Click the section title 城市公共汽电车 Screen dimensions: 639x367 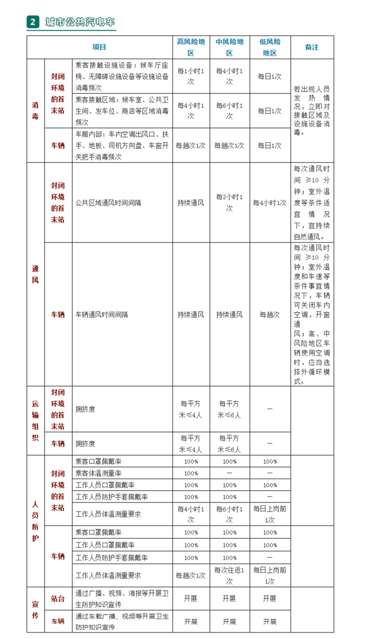(80, 22)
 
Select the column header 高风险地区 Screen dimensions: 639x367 (191, 47)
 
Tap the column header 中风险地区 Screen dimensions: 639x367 (229, 47)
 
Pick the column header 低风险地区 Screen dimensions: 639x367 (270, 47)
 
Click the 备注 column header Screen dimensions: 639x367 (312, 47)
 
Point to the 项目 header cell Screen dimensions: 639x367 (99, 47)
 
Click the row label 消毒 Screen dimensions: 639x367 (35, 110)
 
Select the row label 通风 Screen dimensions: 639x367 (35, 274)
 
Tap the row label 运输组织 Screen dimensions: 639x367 (35, 420)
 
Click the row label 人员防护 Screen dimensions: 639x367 (35, 521)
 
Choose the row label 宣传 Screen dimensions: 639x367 (35, 609)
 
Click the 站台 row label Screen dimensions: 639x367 (58, 599)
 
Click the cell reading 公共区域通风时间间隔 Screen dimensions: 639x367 (108, 203)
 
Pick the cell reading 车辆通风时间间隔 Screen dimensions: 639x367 (102, 315)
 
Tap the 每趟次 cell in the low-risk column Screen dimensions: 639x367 (270, 315)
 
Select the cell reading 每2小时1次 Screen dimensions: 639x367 (229, 203)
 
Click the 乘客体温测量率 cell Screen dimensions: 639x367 (99, 473)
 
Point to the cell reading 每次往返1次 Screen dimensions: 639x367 (229, 575)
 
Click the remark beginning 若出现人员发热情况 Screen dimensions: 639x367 (312, 110)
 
